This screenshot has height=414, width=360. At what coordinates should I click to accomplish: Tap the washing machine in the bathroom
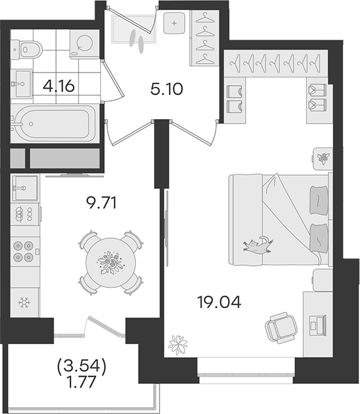pos(84,44)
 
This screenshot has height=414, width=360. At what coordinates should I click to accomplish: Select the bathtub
pos(53,124)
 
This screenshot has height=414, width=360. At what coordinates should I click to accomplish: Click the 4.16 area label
pos(59,86)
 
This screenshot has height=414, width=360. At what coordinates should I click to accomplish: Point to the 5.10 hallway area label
pos(166,89)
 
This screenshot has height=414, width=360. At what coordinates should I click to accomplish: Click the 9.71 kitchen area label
pos(102,204)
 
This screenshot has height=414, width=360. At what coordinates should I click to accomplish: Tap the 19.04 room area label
pos(219,302)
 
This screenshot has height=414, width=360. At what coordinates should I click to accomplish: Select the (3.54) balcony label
pos(81,367)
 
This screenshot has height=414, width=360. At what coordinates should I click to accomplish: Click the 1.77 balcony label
pos(81,382)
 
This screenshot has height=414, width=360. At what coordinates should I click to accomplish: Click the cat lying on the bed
pos(258,244)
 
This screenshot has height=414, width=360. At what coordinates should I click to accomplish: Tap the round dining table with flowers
pos(111,263)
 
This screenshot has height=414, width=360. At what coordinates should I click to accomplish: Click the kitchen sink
pos(25,188)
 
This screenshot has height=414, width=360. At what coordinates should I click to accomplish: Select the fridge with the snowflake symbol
pos(25,302)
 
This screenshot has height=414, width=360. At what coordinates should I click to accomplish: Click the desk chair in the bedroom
pos(281,328)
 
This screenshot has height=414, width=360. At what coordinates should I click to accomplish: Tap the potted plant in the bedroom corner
pos(178,345)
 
